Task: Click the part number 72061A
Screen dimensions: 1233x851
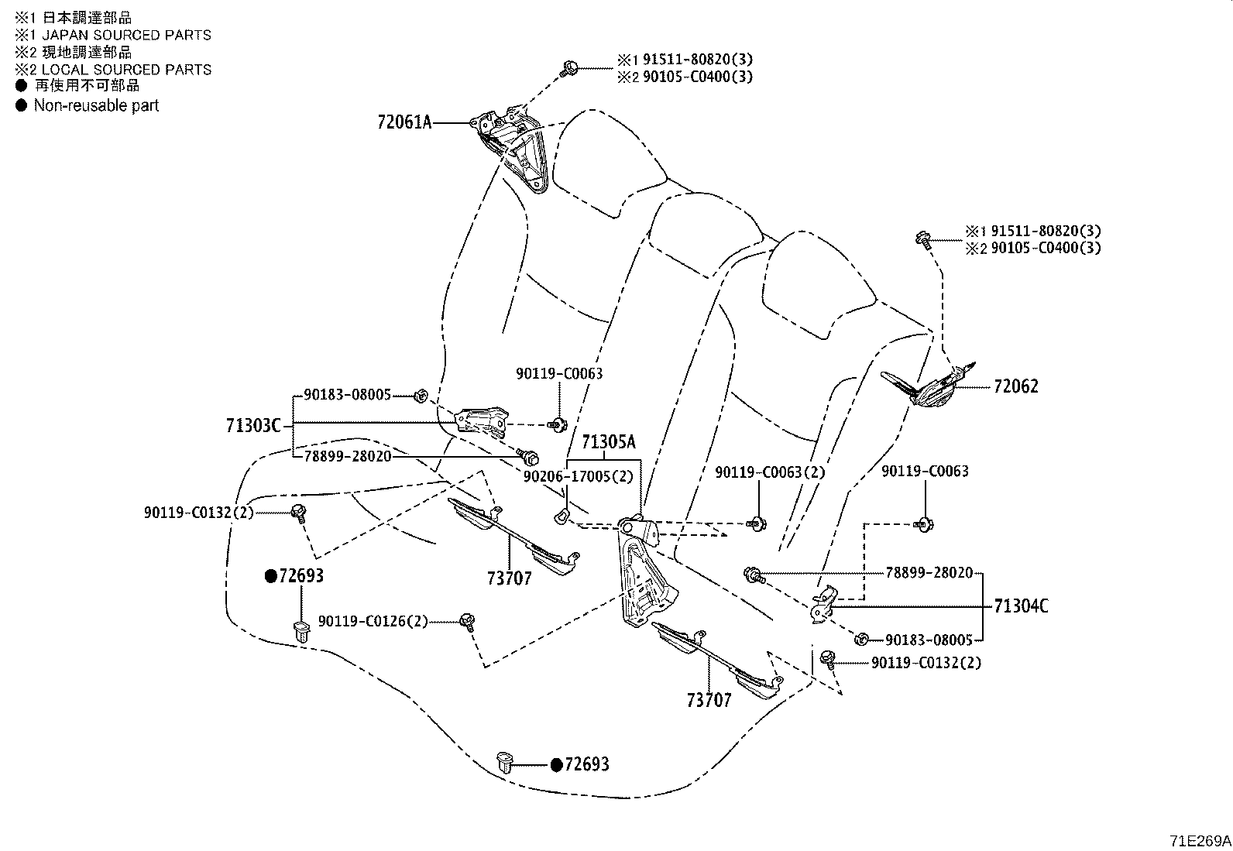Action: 404,122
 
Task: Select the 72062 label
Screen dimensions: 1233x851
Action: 1015,386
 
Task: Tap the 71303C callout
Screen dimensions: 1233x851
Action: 253,426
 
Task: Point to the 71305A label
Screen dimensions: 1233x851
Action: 609,441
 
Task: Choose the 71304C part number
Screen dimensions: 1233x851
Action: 1021,606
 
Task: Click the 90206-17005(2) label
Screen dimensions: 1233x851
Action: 579,476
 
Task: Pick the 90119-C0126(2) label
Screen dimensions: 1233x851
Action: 373,622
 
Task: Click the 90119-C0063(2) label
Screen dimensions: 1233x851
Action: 770,472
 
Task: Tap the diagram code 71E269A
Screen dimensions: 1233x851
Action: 1200,841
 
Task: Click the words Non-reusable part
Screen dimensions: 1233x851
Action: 96,105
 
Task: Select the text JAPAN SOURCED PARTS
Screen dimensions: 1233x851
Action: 126,35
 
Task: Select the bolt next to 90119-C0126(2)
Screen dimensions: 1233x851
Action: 468,622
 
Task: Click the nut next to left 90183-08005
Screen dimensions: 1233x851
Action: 421,395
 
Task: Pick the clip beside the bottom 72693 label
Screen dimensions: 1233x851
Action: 504,762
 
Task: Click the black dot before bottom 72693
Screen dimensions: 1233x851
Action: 557,765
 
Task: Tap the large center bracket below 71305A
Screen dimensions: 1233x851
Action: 645,571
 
